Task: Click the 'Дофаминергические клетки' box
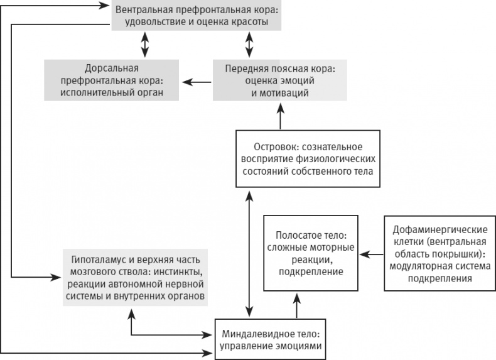[x=433, y=254]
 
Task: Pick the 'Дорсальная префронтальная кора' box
[x=111, y=80]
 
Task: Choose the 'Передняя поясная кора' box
[x=279, y=80]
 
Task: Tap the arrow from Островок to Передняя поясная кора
[x=280, y=116]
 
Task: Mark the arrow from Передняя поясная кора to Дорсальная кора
[x=196, y=80]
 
